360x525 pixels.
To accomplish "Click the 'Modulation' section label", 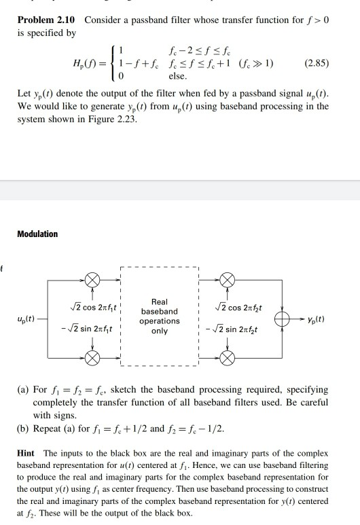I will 37,234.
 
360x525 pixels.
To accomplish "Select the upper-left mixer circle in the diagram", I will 90,279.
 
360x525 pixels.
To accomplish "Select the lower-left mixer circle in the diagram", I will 90,357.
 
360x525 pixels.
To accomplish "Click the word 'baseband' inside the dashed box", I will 160,311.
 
